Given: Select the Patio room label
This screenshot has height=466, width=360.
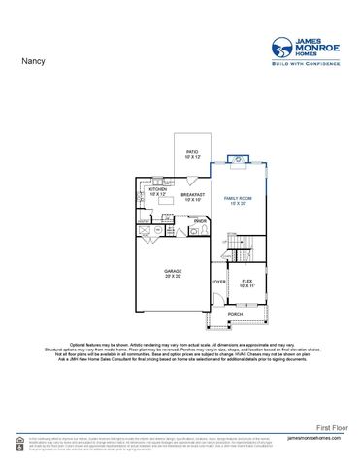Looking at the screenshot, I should click(x=193, y=152).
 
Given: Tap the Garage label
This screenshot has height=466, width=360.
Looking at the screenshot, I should click(x=174, y=271).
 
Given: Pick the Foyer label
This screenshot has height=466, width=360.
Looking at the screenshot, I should click(x=218, y=283).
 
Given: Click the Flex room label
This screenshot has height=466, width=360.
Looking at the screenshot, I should click(x=247, y=281).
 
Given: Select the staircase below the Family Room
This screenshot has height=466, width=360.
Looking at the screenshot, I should click(x=246, y=243).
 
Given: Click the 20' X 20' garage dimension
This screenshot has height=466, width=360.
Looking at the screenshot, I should click(x=174, y=276).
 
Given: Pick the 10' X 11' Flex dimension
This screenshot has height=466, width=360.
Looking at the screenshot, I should click(x=247, y=286).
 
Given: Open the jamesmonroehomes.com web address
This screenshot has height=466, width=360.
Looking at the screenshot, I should click(x=316, y=439).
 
